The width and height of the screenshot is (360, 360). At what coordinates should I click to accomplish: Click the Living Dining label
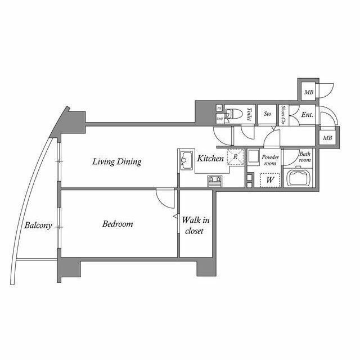[x=117, y=162]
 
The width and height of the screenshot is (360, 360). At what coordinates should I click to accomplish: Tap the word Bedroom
[x=118, y=224]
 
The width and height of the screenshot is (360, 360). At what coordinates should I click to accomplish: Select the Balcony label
[x=38, y=226]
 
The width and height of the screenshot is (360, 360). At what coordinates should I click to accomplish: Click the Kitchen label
[x=210, y=159]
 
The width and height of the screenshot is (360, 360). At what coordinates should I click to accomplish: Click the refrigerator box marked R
[x=235, y=157]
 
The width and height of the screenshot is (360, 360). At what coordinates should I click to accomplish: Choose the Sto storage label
[x=268, y=114]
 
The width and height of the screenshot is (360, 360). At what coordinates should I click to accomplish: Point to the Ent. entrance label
[x=307, y=115]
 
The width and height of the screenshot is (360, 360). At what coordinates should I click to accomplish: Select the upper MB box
[x=309, y=92]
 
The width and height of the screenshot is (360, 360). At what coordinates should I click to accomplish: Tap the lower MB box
[x=327, y=137]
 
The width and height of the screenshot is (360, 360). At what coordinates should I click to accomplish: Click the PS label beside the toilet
[x=219, y=108]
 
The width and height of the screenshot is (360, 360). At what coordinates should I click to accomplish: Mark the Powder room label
[x=271, y=160]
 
